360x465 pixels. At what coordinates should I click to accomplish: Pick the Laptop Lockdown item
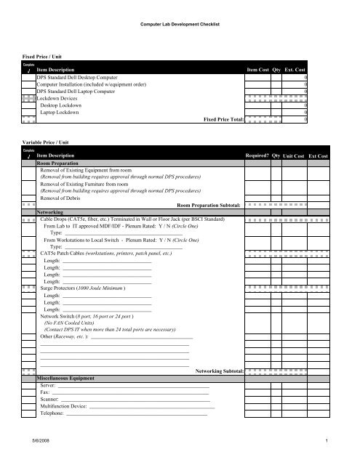(x=60, y=113)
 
